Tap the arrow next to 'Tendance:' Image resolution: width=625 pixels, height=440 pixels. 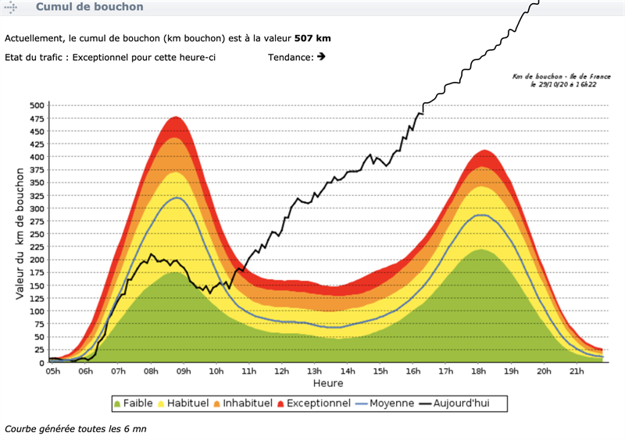321,56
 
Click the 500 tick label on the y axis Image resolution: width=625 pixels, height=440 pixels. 37,105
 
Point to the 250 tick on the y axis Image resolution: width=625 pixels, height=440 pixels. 37,234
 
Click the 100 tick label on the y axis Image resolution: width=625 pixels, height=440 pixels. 37,311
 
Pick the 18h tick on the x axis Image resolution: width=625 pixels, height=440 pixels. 477,371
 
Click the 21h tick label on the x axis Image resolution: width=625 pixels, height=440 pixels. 576,371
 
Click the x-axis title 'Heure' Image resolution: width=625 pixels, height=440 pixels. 328,384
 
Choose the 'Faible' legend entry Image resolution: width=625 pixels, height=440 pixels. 133,403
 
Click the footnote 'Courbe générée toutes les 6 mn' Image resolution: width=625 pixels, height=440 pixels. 76,428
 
